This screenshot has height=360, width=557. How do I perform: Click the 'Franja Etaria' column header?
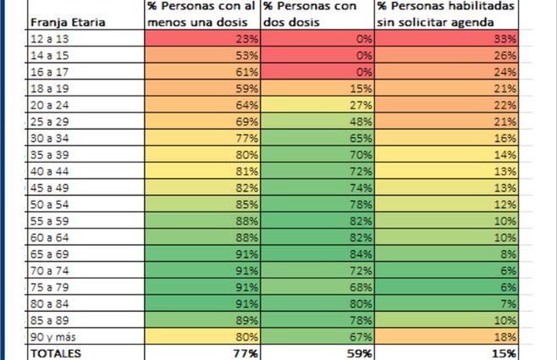(67, 23)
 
